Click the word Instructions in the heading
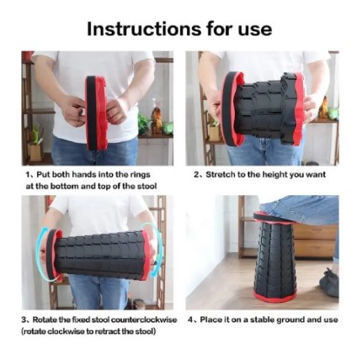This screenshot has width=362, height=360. tap(131, 29)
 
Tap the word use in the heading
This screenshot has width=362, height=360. tap(252, 29)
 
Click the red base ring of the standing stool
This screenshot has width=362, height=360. tap(274, 297)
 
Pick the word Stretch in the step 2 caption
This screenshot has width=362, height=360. tap(218, 175)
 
